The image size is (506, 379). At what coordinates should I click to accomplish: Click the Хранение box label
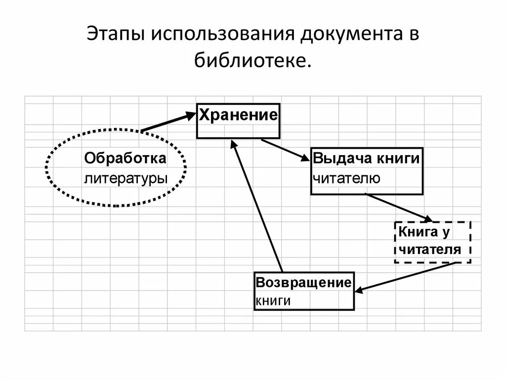238,116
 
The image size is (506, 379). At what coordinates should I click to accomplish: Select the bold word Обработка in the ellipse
125,159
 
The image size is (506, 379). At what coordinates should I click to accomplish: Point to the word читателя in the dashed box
430,249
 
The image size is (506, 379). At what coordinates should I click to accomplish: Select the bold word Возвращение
303,283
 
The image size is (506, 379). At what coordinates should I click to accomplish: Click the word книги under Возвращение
272,300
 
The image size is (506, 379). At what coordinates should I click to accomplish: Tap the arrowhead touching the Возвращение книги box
359,290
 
